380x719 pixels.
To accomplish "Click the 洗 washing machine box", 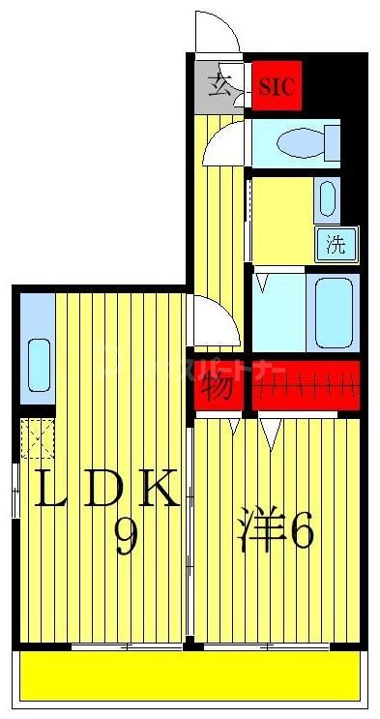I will (335, 244).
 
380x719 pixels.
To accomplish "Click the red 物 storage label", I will (217, 387).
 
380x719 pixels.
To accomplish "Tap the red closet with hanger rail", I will (306, 385).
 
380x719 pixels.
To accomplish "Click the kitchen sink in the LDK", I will (38, 362).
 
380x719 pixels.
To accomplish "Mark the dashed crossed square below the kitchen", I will (38, 438).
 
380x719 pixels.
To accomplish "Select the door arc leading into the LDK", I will (212, 320).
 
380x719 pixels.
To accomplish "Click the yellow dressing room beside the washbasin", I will (280, 219).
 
